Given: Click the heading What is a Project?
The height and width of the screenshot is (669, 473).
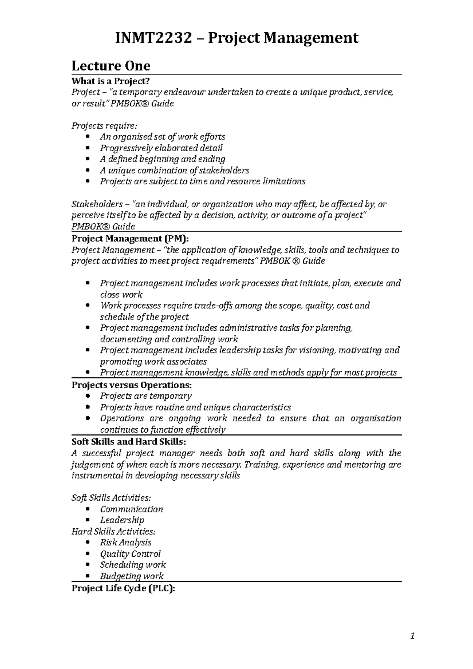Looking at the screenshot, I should (111, 81).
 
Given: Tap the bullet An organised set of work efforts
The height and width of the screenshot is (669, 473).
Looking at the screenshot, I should (162, 137).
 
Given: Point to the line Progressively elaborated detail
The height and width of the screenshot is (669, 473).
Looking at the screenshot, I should (161, 148).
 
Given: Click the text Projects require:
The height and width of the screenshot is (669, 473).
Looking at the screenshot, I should (104, 126).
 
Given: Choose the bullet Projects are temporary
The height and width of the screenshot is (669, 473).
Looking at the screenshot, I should (146, 396).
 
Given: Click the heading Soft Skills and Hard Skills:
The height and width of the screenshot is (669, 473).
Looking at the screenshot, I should (128, 442).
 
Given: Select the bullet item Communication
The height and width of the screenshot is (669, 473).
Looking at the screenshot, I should (131, 509).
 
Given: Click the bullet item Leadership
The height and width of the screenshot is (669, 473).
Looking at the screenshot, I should (122, 520).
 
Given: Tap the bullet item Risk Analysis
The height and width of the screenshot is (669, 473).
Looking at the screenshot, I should (126, 543).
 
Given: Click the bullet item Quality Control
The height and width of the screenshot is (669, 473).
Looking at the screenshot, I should (130, 554).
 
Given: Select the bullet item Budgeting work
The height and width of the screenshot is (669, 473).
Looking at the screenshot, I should (132, 576).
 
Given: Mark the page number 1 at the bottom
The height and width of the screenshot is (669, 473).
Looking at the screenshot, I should (412, 636).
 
